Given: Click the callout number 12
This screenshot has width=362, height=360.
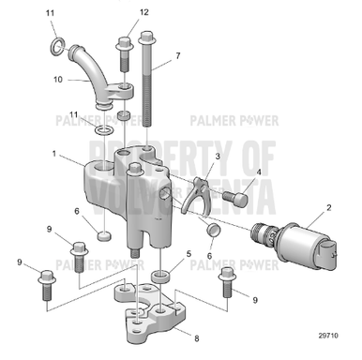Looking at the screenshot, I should pos(143,12).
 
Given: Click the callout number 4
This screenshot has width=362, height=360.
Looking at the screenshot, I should pos(259,172).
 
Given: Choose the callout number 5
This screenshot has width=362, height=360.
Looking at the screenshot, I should pos(189,254).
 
